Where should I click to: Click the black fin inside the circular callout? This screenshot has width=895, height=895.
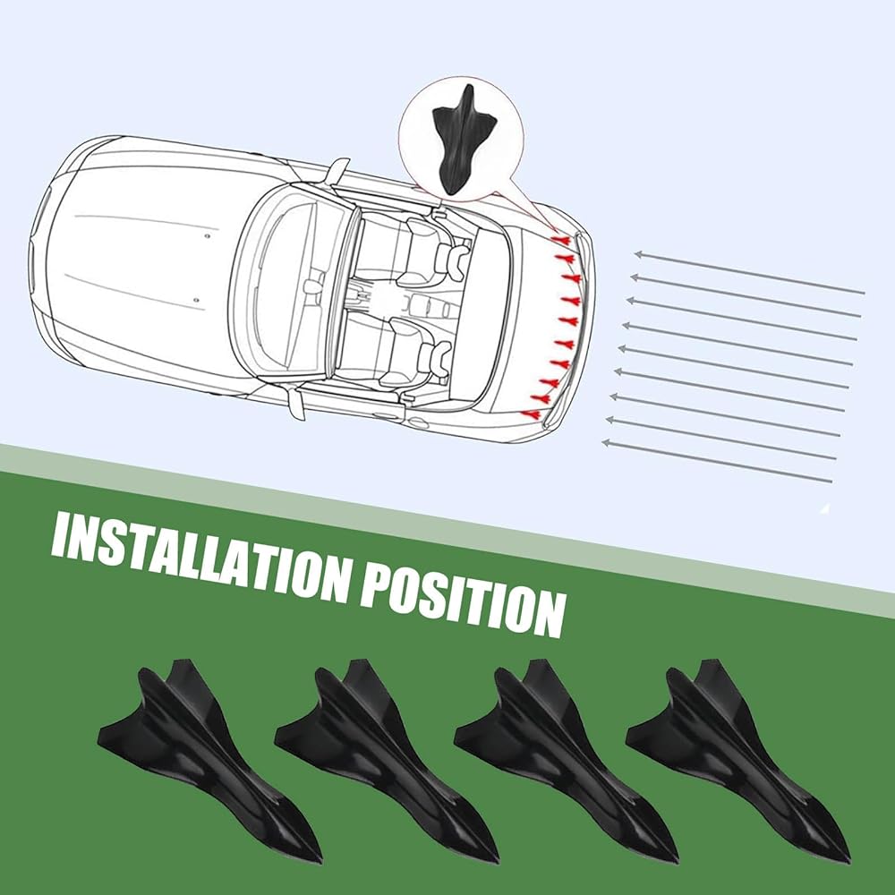pos(464,138)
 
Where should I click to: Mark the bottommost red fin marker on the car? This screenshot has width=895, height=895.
pos(533,414)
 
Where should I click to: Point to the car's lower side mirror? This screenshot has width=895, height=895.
pos(293,402)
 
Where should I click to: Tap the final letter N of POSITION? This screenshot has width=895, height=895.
pos(547,614)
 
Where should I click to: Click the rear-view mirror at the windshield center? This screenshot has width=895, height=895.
pos(312,287)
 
